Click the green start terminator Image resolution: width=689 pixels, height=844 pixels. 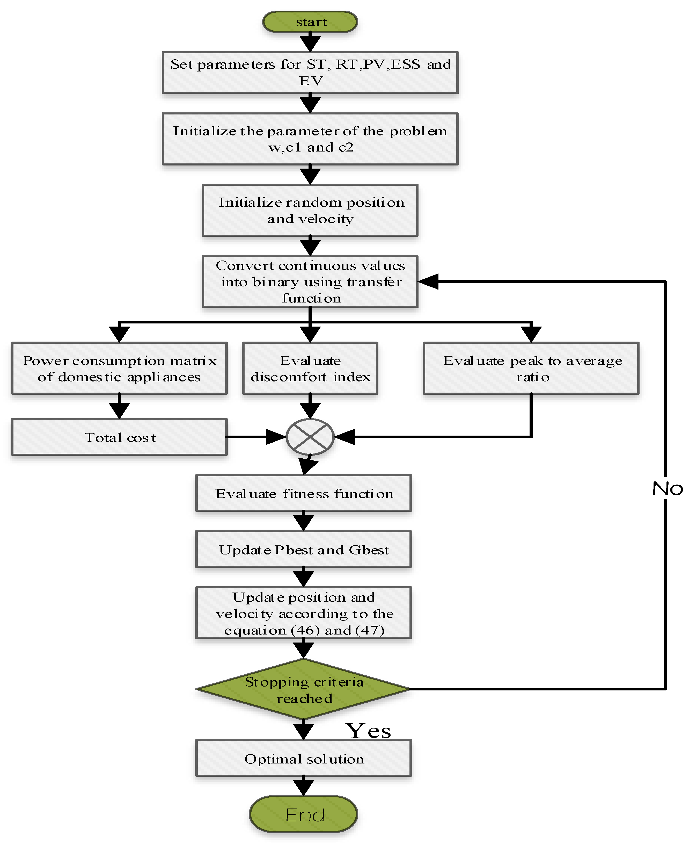tap(310, 22)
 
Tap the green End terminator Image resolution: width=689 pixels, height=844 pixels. tap(304, 815)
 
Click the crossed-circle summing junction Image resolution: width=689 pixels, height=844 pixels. tap(310, 437)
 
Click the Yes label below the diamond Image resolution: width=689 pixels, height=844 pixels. tap(368, 731)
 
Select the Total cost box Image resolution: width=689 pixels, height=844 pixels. tap(119, 437)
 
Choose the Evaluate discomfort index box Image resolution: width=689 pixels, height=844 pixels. tap(310, 368)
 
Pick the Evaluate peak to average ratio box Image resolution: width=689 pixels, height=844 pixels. tap(531, 368)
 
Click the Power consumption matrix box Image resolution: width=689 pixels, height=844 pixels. tap(119, 368)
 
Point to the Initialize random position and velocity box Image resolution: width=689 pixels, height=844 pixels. tap(310, 210)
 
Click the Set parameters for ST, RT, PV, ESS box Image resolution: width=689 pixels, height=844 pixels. tap(310, 72)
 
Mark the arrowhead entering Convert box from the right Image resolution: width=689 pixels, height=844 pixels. tap(428, 281)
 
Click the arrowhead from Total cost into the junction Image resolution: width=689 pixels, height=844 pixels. tap(276, 437)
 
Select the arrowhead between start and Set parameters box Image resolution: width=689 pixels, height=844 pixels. tap(310, 42)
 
